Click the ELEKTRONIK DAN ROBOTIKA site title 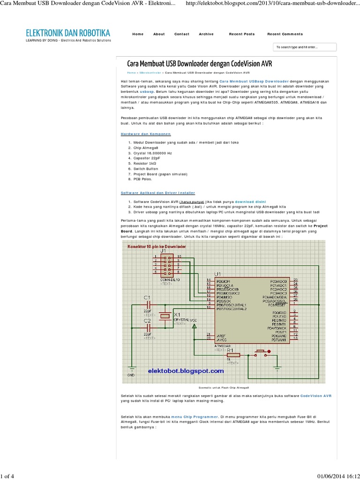68,33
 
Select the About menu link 159,34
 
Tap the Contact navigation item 181,34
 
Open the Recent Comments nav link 285,34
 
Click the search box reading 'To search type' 305,47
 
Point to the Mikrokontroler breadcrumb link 150,73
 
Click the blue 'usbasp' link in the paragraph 147,92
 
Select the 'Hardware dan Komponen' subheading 146,134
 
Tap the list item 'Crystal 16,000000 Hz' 152,153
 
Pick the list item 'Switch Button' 146,168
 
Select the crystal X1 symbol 165,316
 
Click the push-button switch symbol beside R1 261,352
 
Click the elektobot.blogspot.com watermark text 186,371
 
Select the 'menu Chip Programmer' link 195,416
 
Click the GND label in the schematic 131,375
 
